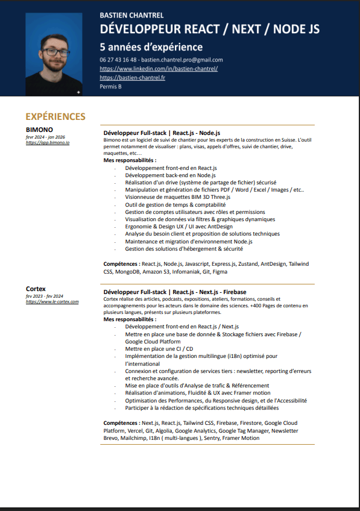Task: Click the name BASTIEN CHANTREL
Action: (x=131, y=15)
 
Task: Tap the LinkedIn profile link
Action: (x=159, y=69)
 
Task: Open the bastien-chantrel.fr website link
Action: (x=132, y=78)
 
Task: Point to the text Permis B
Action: (x=110, y=87)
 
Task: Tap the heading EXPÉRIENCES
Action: (x=55, y=116)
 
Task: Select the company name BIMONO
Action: (x=39, y=130)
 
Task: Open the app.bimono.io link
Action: (x=48, y=143)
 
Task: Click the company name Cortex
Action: (x=36, y=289)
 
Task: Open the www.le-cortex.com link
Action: (x=52, y=301)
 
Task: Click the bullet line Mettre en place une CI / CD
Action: (x=159, y=348)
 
